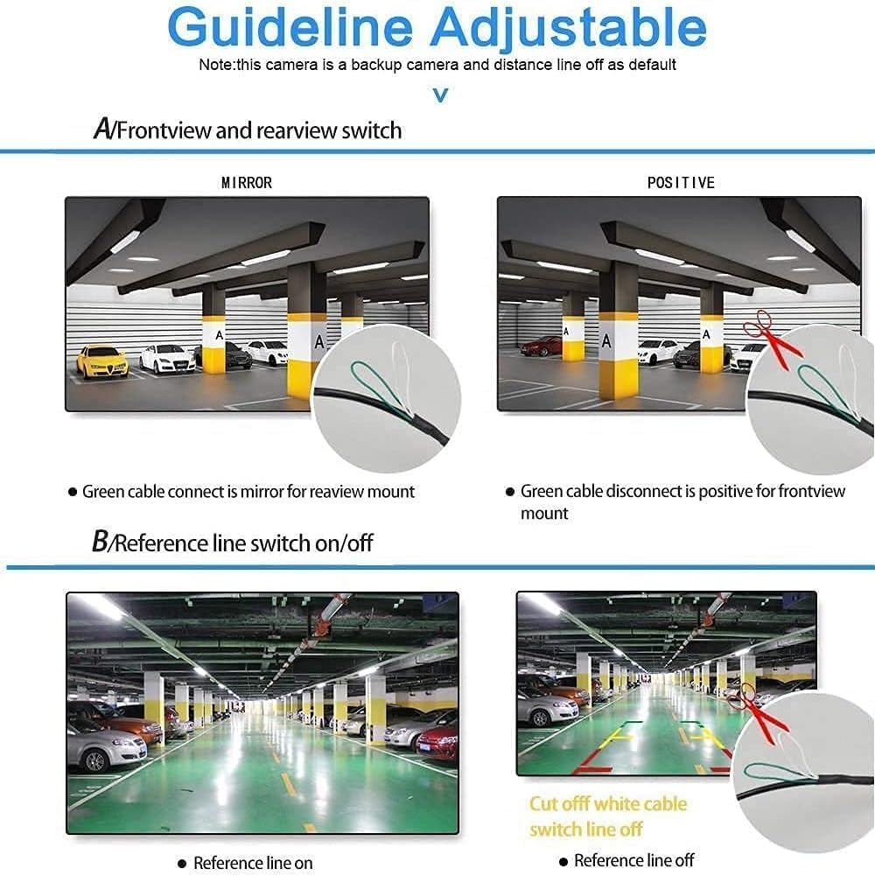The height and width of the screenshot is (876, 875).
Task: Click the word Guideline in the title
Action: [290, 26]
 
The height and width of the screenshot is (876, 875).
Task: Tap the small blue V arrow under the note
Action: [440, 95]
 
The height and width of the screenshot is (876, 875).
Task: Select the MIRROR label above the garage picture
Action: [247, 183]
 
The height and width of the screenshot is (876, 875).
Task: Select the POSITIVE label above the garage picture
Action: [681, 183]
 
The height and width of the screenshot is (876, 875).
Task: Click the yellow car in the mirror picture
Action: [102, 361]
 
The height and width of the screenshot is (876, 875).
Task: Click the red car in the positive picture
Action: [541, 346]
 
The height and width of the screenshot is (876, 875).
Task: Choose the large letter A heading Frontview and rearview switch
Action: [102, 129]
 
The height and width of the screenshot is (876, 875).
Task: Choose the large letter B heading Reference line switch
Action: [101, 541]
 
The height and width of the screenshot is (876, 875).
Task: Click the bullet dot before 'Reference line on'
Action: [182, 863]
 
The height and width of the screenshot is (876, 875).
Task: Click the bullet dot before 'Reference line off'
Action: [563, 861]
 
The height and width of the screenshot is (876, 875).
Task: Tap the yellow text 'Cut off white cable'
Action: [608, 803]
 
